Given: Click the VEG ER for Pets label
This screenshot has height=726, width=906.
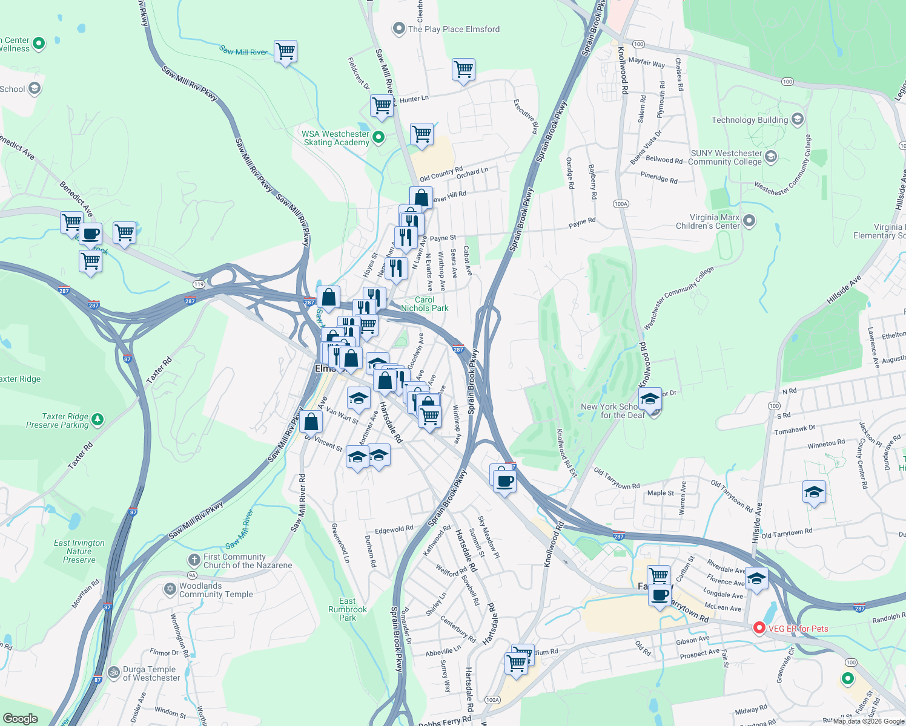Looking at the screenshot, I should (x=798, y=629).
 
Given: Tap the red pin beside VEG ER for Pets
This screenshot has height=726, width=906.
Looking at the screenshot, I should (x=759, y=628).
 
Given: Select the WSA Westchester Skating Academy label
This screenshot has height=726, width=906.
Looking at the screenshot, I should (x=336, y=139).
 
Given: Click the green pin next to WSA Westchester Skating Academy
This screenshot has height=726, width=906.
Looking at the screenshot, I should (x=379, y=137).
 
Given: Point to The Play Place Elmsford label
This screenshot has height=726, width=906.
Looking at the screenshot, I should (x=454, y=29).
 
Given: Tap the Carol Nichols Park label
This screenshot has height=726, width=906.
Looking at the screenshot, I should (x=425, y=304).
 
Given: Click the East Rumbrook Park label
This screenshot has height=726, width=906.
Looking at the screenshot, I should (x=348, y=609).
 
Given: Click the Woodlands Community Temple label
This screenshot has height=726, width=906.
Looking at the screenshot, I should (x=216, y=590).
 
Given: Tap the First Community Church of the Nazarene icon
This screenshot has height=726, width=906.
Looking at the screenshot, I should (x=194, y=560).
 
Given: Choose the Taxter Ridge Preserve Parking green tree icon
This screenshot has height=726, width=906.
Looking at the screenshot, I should (x=98, y=419).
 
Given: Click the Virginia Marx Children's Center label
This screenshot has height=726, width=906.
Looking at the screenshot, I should (x=707, y=221).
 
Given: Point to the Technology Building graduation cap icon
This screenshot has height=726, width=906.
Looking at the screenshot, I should (x=797, y=119).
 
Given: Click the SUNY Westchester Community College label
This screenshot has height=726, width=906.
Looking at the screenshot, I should (x=726, y=157).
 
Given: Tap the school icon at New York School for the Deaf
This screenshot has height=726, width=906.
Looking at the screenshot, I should (x=650, y=400).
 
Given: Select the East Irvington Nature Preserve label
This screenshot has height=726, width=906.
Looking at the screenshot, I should (x=79, y=551).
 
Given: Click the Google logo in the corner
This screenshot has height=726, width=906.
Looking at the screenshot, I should (x=20, y=718).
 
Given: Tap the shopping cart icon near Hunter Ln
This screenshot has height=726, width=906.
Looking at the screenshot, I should (x=382, y=106).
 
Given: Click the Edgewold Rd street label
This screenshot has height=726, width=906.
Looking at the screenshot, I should (x=394, y=529).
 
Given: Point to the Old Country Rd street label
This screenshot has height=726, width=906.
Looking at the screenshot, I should (x=441, y=174).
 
